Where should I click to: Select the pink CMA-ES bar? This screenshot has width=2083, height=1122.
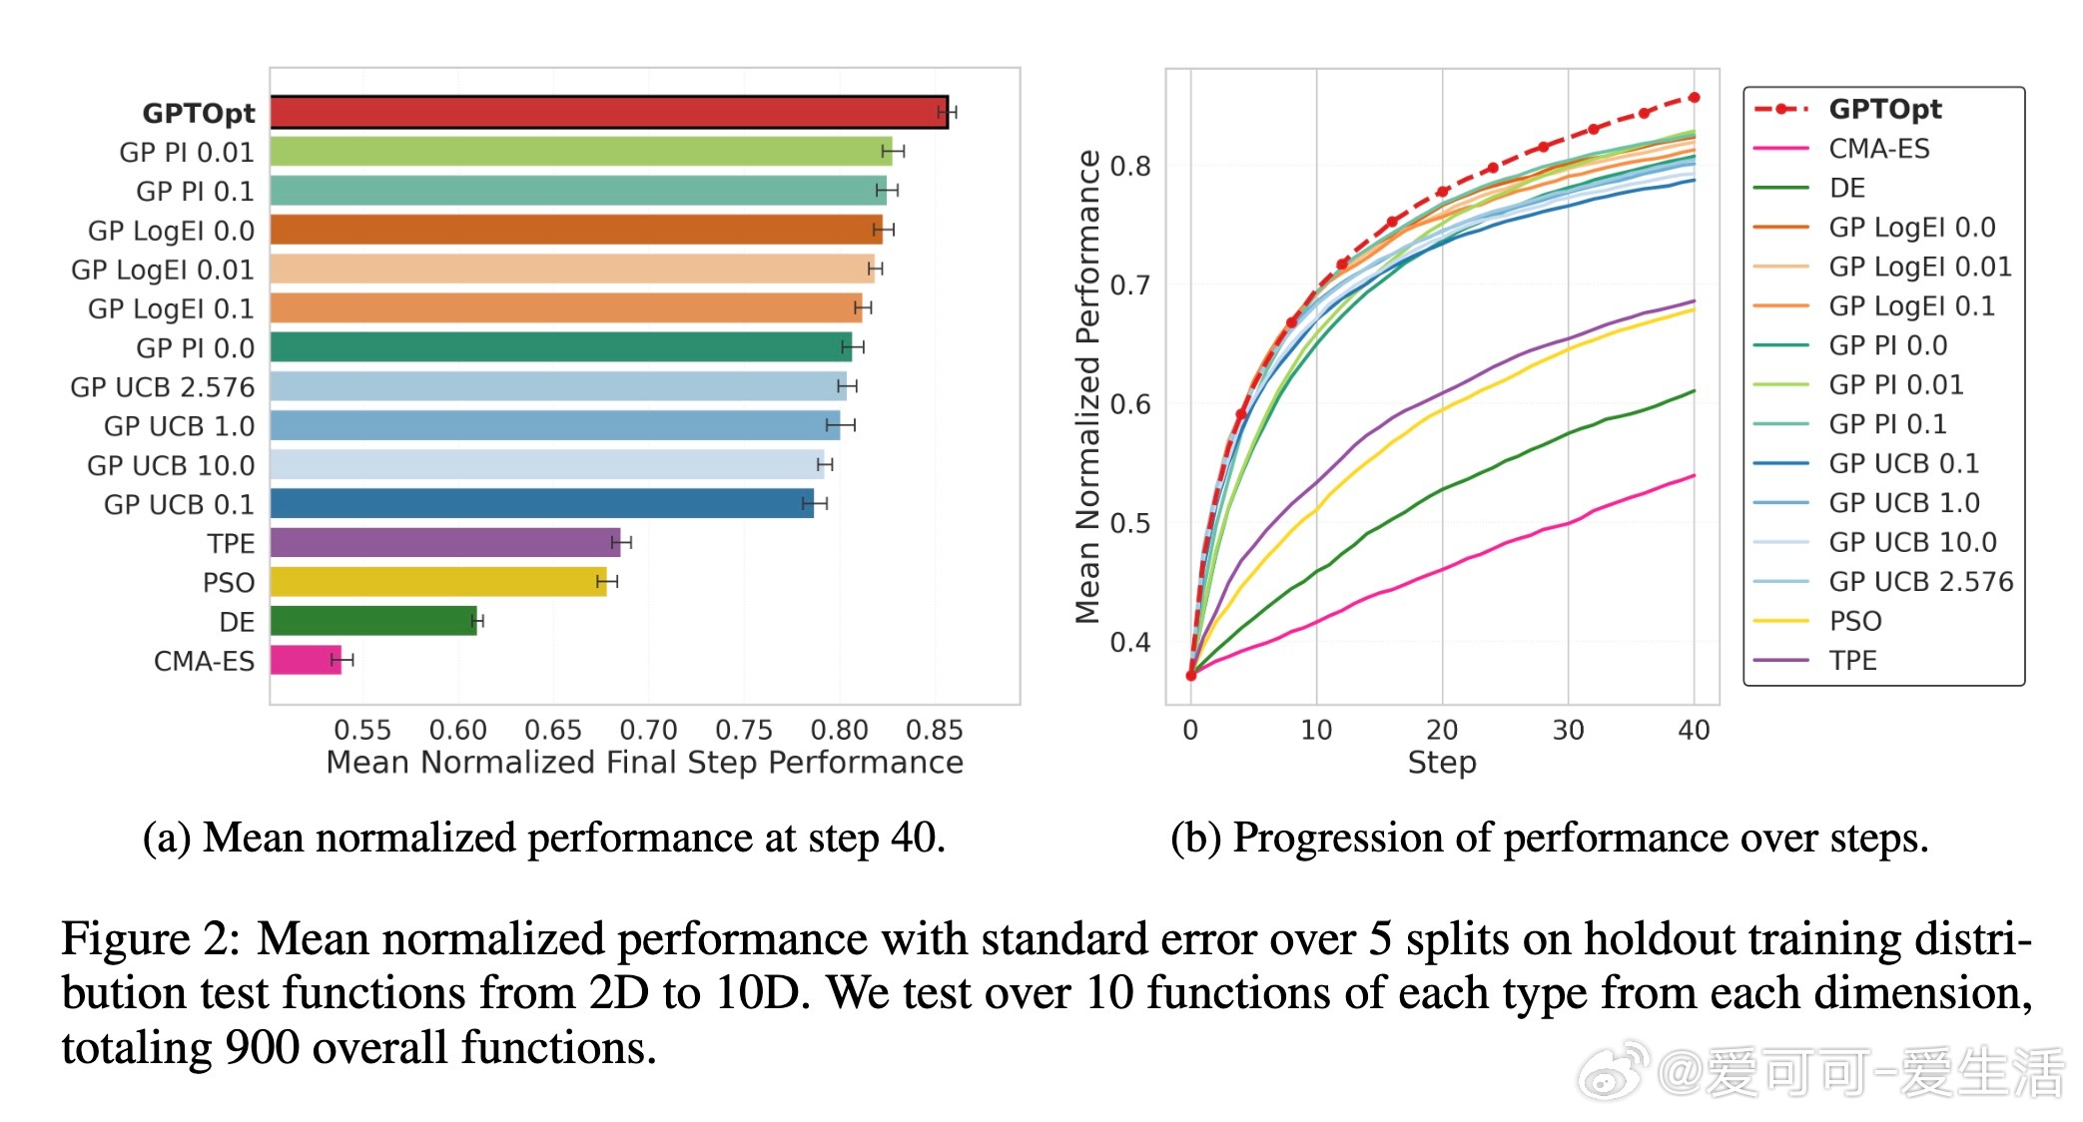tap(306, 660)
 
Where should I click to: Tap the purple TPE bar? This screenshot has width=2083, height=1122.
tap(444, 543)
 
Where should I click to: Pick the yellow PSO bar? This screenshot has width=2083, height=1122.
tap(437, 582)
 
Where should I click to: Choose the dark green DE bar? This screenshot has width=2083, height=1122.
tap(372, 621)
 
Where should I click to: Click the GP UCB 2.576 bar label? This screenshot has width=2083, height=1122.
tap(162, 387)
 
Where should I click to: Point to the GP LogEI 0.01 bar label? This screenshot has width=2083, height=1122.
tap(162, 270)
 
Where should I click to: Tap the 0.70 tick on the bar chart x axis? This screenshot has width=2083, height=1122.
tap(648, 730)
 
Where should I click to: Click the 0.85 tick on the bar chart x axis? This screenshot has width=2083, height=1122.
tap(934, 730)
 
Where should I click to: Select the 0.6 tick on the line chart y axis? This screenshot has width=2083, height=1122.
tap(1130, 404)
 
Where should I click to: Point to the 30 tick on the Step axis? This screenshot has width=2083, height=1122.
tap(1568, 730)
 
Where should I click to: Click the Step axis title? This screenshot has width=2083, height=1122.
tap(1441, 763)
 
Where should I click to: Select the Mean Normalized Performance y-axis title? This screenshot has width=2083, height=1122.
tap(1087, 386)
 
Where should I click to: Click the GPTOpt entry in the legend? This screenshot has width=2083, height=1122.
tap(1884, 109)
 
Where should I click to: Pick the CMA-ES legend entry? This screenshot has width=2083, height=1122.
tap(1878, 149)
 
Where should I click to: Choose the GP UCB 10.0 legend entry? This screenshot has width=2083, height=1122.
tap(1911, 542)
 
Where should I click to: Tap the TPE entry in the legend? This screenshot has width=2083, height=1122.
tap(1852, 660)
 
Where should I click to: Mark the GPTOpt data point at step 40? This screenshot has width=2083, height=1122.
tap(1694, 98)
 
